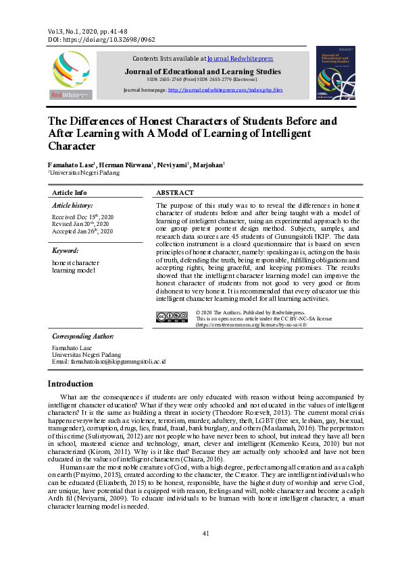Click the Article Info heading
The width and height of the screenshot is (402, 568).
coord(70,193)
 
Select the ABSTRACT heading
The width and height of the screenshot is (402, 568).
coord(175,193)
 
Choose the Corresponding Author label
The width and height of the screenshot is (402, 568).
coord(82,336)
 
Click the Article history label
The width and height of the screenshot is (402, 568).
coord(72,205)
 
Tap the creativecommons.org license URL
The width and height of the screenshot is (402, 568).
coord(251,324)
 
